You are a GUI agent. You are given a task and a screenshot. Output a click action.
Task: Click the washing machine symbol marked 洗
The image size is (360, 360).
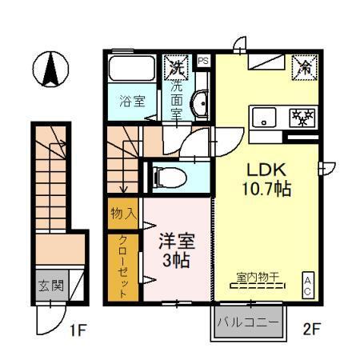click(x=175, y=67)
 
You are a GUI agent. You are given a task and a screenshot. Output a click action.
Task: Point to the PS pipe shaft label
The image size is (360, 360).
click(x=202, y=60)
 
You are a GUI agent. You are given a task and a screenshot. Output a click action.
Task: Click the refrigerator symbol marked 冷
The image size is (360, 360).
click(x=303, y=68)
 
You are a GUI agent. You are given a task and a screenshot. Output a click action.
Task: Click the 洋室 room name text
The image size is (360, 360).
click(x=176, y=240)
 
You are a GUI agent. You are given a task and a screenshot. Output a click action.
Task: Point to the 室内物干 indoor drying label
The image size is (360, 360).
click(x=257, y=278)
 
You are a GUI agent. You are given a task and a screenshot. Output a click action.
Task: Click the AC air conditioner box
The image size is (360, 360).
click(x=307, y=285)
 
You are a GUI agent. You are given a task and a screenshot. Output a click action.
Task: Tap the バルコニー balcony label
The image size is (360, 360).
click(x=249, y=324)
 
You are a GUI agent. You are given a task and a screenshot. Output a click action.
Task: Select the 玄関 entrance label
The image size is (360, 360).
click(x=49, y=286)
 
